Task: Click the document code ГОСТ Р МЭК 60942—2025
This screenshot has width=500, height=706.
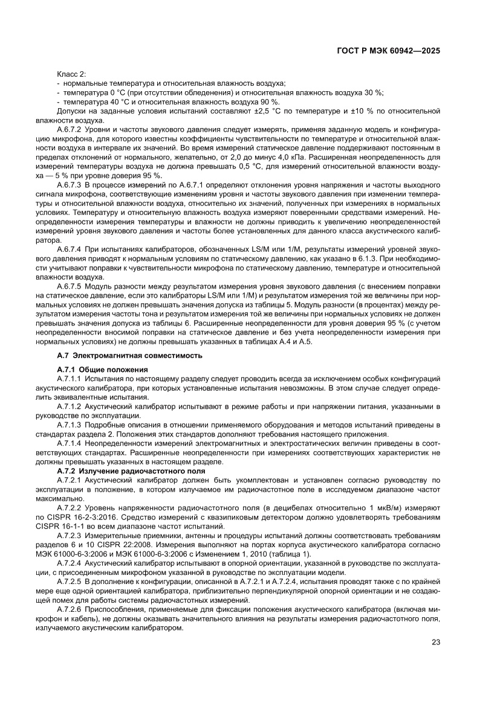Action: [x=388, y=51]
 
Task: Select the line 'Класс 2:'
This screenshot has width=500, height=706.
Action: [x=71, y=73]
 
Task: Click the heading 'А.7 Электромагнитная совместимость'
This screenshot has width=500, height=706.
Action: [x=129, y=355]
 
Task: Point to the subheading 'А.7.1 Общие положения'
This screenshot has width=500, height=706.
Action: [x=100, y=369]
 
